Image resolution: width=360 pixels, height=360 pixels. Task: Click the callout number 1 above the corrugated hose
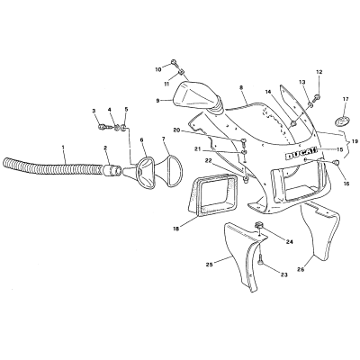click(x=63, y=147)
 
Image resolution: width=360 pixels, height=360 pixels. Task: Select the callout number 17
click(x=346, y=98)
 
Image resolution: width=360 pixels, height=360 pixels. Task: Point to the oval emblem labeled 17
click(x=343, y=121)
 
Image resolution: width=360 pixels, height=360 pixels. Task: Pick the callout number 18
click(x=175, y=229)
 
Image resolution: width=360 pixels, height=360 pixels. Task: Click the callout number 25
click(x=210, y=265)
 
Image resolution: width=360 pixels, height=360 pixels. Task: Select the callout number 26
click(x=301, y=270)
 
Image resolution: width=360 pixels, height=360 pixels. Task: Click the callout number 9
click(x=157, y=101)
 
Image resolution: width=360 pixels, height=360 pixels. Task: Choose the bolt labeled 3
click(x=103, y=127)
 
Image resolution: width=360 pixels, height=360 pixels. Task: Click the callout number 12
click(x=319, y=72)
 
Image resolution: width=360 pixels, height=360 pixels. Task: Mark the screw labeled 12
click(x=317, y=97)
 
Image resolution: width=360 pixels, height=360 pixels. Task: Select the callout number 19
click(x=355, y=140)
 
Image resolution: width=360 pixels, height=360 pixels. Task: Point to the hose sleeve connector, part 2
click(x=112, y=170)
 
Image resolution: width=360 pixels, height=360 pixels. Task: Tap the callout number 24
click(x=289, y=242)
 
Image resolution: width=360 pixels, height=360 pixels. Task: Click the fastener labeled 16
click(x=337, y=162)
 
